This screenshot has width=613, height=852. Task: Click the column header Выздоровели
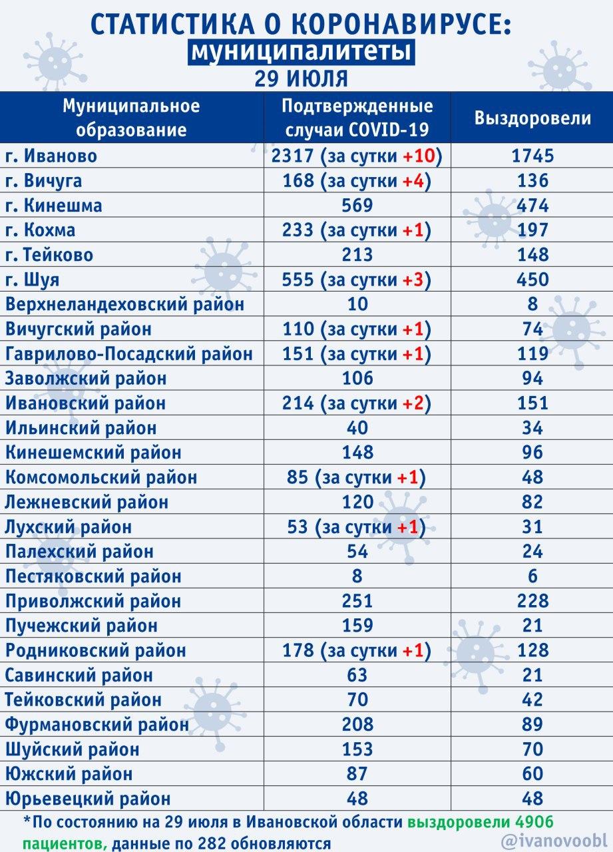tap(532, 118)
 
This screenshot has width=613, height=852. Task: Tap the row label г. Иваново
tap(51, 156)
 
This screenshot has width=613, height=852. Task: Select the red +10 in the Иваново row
tap(419, 156)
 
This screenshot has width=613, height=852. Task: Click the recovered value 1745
tap(532, 156)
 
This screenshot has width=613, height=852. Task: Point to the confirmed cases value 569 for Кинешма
tap(357, 206)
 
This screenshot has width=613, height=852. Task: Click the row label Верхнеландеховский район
tap(124, 304)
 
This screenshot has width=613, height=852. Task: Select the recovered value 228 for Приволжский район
tap(532, 601)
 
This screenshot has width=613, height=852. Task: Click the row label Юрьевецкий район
tap(88, 799)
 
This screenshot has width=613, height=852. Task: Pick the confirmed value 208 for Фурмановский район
tap(357, 725)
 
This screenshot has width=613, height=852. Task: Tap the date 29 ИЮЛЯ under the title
tap(302, 79)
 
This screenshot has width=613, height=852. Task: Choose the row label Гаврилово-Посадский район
tap(129, 354)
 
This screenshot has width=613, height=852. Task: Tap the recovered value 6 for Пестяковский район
tap(532, 576)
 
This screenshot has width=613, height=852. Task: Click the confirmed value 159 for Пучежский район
tap(357, 626)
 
